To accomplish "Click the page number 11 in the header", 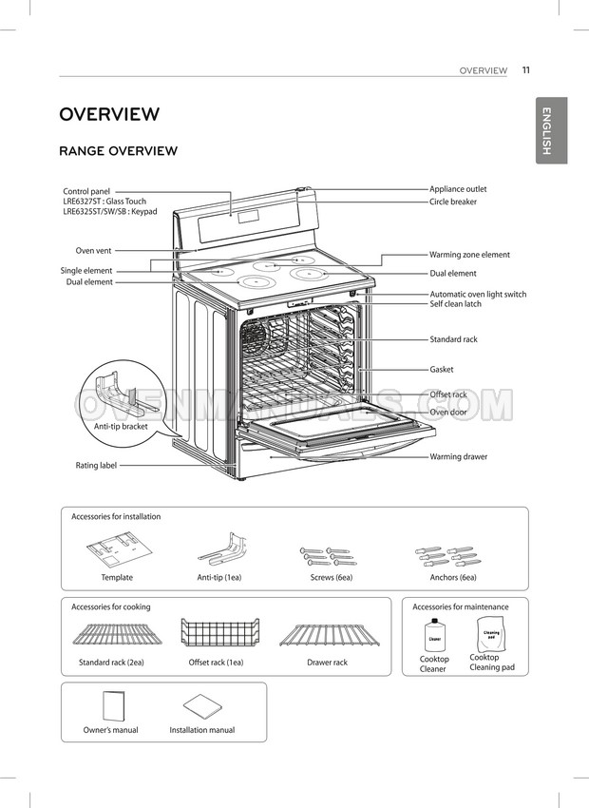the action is [x=525, y=70].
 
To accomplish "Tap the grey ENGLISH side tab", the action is [x=551, y=130].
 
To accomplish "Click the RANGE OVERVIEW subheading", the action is [x=119, y=151].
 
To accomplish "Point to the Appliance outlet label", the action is [x=458, y=189].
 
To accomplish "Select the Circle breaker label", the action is [x=453, y=202].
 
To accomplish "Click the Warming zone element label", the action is [x=469, y=255].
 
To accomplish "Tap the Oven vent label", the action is [x=93, y=251].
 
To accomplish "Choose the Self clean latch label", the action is [x=456, y=304].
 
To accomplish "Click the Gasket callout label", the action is [x=442, y=370].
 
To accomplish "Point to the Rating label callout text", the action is [x=96, y=466].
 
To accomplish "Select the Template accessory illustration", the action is [x=120, y=549].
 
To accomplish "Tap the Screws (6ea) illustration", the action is [x=328, y=556].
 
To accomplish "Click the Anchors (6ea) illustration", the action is [x=448, y=556].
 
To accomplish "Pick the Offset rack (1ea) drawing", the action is [x=219, y=632].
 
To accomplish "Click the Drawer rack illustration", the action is [x=330, y=635].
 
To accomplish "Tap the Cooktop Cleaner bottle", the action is [x=434, y=634].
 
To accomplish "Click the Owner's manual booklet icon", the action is [x=114, y=707].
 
